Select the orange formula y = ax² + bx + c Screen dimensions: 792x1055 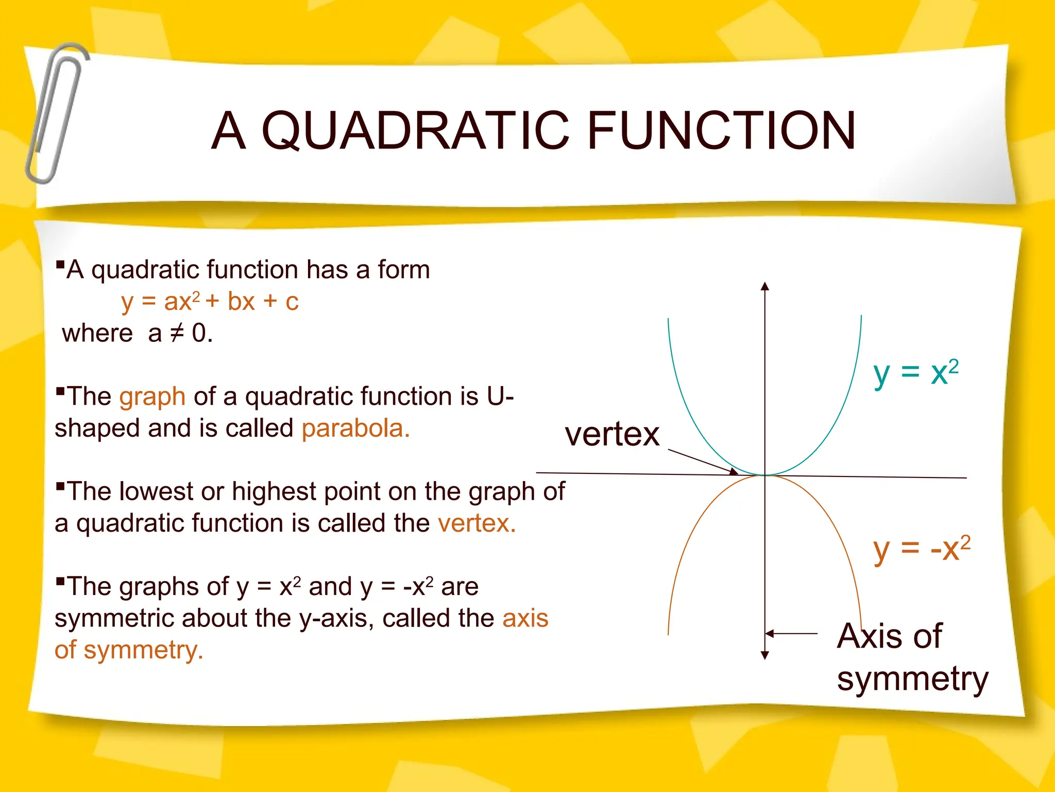tap(210, 302)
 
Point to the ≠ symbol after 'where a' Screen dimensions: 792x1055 tap(177, 333)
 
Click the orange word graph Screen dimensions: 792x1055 tap(152, 397)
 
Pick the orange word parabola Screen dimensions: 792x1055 tap(355, 428)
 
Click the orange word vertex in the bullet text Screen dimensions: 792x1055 tap(477, 523)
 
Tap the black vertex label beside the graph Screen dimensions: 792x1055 tap(612, 434)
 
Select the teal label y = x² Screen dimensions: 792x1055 tap(915, 373)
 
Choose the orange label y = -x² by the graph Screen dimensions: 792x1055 tap(921, 549)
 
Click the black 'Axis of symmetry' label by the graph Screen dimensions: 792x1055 tap(912, 657)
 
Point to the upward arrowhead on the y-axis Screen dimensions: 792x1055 tap(765, 286)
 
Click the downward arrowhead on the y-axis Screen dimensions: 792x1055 tap(765, 655)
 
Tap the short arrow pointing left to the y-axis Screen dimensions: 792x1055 tap(791, 633)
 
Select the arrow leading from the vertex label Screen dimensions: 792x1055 tap(703, 461)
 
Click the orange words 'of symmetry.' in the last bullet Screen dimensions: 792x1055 tap(129, 650)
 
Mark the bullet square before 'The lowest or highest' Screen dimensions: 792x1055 tap(60, 486)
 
